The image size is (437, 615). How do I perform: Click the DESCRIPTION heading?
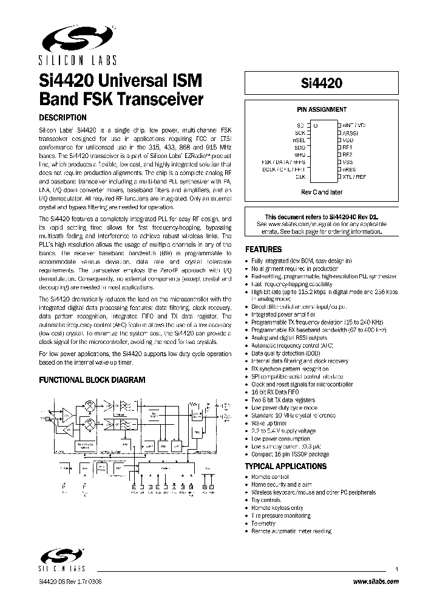pos(63,118)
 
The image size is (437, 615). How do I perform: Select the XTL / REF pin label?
pos(354,177)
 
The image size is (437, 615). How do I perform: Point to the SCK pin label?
pos(299,132)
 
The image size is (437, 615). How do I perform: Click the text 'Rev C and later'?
pos(322,193)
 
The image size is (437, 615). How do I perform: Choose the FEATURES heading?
pos(263,249)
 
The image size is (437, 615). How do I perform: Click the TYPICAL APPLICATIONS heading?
pos(285,466)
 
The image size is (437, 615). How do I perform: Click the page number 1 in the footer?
pos(397,569)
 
